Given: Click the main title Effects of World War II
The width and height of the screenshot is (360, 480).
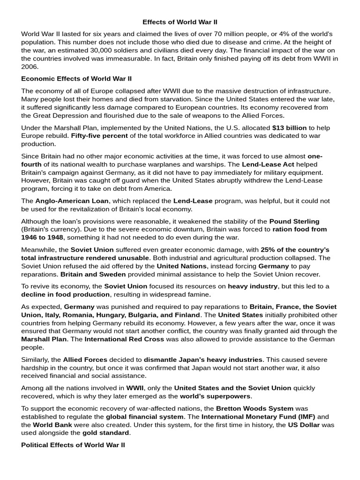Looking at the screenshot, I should [x=180, y=22].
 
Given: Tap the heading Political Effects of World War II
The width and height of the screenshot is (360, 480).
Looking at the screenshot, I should [x=73, y=445].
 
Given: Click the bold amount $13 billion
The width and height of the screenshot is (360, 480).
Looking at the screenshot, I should [x=289, y=127].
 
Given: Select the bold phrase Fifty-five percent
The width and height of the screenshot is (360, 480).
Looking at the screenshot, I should [x=100, y=136].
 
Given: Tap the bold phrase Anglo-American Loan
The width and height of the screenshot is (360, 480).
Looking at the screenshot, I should [x=72, y=201].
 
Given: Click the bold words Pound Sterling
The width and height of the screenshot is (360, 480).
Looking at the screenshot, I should [x=294, y=221].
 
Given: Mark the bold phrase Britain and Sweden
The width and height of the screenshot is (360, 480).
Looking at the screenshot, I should [x=93, y=274].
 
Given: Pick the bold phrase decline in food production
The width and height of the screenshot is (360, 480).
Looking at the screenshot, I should [x=65, y=294].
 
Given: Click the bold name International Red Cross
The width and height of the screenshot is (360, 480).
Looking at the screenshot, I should [x=124, y=339].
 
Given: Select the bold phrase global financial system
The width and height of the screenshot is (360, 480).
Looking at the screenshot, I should [x=144, y=416].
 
